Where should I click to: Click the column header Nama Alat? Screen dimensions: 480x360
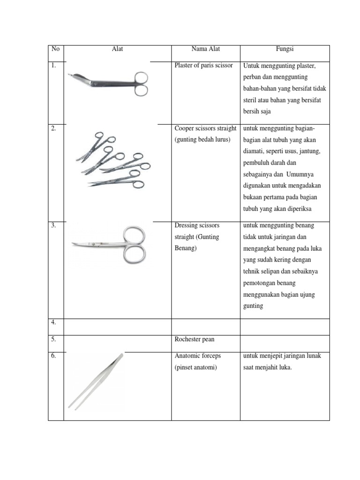click(205, 49)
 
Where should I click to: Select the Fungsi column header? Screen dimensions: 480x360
click(285, 49)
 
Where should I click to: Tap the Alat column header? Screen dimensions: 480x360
click(117, 49)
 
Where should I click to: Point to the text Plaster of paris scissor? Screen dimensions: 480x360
click(203, 66)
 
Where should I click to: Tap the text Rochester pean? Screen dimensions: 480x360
click(194, 339)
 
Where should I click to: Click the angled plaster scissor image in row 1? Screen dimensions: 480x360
click(109, 83)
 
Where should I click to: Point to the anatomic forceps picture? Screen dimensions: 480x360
click(96, 381)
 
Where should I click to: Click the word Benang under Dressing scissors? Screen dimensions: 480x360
click(184, 248)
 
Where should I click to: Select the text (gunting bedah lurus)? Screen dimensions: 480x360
click(202, 140)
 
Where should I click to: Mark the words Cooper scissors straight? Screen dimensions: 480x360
click(205, 128)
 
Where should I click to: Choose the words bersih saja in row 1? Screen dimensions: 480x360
click(257, 112)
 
